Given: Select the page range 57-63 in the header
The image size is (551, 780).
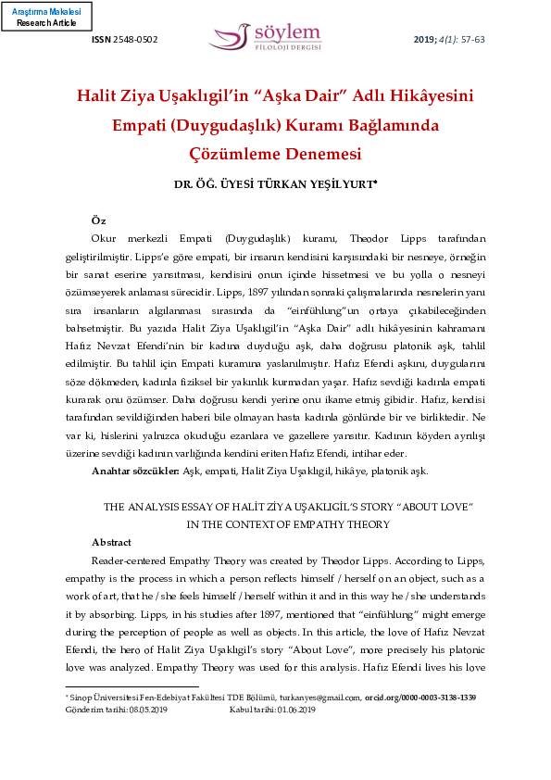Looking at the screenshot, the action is click(472, 40).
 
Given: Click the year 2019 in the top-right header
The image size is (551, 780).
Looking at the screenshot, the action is click(423, 40).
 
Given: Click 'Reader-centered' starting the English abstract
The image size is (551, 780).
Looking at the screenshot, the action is click(131, 560).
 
